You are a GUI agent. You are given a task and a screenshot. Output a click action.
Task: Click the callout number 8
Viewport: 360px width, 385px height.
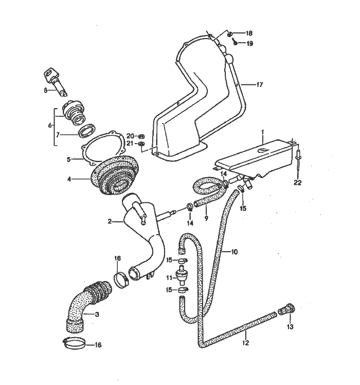[x=45, y=90]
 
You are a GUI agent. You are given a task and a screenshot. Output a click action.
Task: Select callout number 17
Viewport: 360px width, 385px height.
[x=260, y=85]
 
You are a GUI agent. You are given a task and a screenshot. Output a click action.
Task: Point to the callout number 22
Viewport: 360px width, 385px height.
[x=297, y=182]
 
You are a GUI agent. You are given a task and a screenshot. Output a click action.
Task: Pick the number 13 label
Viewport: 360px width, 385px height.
[x=290, y=327]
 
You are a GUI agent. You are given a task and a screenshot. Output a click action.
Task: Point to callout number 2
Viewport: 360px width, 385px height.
[x=110, y=222]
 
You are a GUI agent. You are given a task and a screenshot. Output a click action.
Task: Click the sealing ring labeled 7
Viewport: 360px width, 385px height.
[x=89, y=131]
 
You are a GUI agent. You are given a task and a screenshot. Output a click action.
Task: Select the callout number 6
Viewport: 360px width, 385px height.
[x=50, y=125]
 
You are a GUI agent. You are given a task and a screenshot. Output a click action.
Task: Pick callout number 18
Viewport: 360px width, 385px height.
[x=249, y=32]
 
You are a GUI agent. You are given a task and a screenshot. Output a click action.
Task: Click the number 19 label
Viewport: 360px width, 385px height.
[x=249, y=44]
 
